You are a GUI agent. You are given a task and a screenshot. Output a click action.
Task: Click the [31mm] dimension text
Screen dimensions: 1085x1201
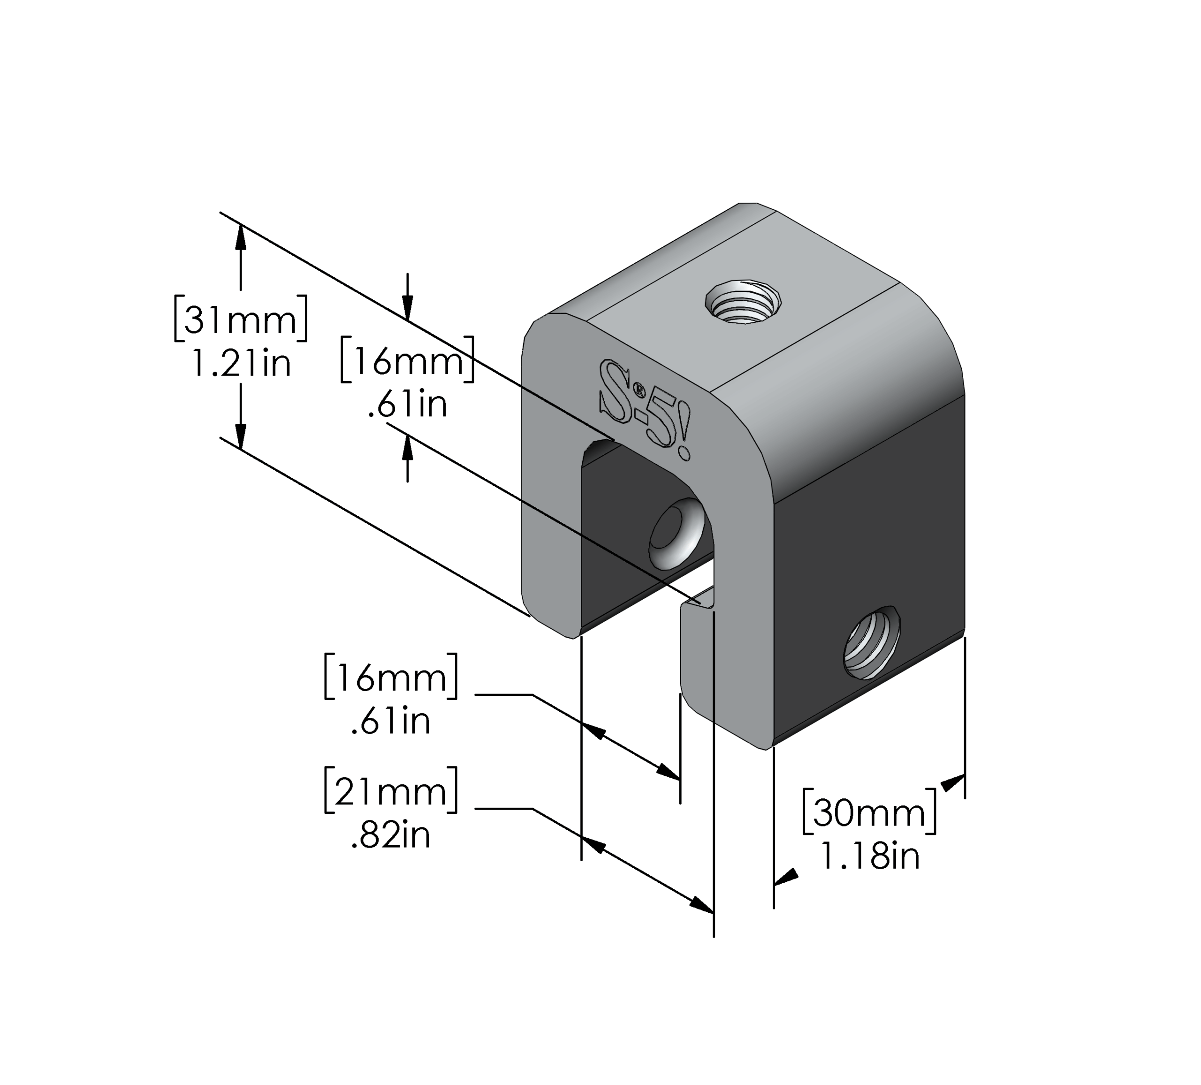(241, 320)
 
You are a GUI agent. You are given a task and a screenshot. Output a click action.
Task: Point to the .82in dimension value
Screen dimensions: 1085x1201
(391, 835)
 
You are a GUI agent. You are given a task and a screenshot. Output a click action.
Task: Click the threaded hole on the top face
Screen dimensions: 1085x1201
(742, 301)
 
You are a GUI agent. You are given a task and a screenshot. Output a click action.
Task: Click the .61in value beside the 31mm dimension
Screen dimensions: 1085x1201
(408, 405)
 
